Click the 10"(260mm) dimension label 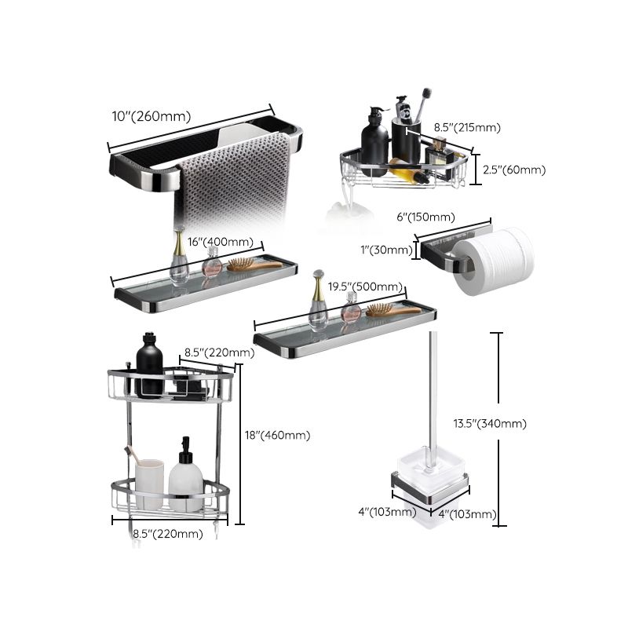[151, 116]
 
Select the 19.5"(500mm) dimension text [366, 287]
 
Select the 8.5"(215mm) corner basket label [467, 127]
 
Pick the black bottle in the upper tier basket [149, 365]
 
